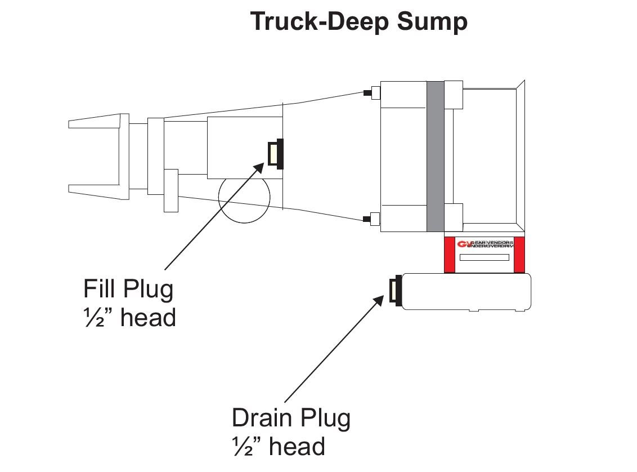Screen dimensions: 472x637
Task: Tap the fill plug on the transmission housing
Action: pyautogui.click(x=276, y=154)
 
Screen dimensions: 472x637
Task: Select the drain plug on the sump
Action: pyautogui.click(x=396, y=291)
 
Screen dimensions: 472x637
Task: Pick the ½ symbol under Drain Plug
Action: pyautogui.click(x=240, y=447)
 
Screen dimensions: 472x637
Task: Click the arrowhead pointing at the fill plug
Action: pyautogui.click(x=260, y=167)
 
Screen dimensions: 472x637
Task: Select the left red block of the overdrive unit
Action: pyautogui.click(x=450, y=255)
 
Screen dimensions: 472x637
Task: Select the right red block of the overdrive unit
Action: pyautogui.click(x=520, y=255)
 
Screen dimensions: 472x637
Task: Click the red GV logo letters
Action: pyautogui.click(x=464, y=244)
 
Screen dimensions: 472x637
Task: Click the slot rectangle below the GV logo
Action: pyautogui.click(x=485, y=257)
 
